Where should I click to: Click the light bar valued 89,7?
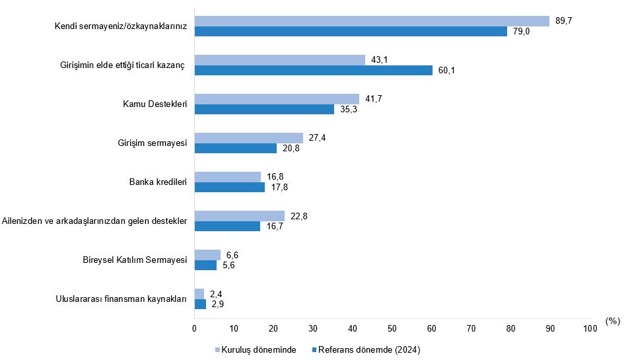(372, 21)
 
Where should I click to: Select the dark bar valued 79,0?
(351, 32)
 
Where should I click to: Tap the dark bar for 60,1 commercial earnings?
(313, 71)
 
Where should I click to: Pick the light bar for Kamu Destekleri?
(277, 99)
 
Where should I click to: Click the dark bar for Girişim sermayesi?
(236, 149)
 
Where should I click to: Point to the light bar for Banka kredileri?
(228, 177)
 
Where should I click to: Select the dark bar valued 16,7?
(227, 227)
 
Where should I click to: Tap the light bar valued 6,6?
(207, 255)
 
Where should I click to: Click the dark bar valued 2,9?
(200, 305)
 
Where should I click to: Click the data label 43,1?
(380, 60)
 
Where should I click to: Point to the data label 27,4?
(318, 138)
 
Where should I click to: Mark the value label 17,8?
(279, 188)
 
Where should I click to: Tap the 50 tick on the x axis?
(392, 328)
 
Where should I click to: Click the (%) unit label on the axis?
(612, 322)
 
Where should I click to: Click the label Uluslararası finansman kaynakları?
(122, 299)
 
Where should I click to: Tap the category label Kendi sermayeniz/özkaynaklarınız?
(122, 26)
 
